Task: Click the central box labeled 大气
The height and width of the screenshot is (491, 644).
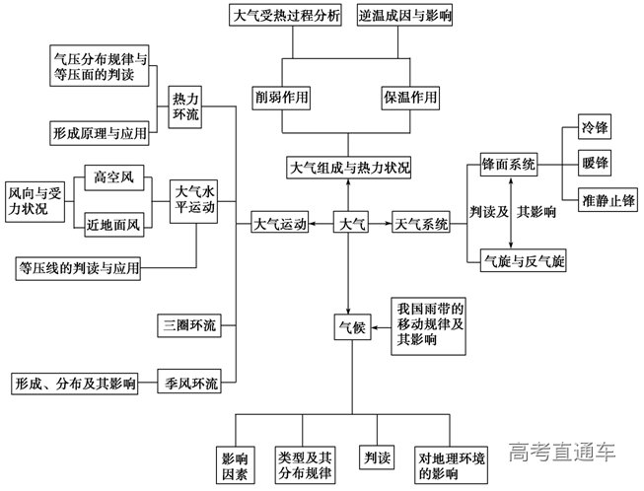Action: (x=350, y=225)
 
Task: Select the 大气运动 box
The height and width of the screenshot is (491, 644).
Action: (x=280, y=225)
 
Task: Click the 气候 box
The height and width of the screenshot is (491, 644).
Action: (x=351, y=325)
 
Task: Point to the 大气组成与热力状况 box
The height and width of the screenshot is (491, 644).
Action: (x=349, y=167)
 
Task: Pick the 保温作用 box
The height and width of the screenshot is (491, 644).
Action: (x=409, y=98)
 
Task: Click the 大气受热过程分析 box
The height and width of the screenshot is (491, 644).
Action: (x=286, y=18)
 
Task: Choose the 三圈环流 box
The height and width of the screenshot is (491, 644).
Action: (x=191, y=324)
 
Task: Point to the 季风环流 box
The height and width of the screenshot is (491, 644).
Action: (x=191, y=381)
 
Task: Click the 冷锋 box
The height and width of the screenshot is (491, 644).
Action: (x=595, y=130)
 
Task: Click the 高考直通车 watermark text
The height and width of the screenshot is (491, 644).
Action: (x=563, y=454)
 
